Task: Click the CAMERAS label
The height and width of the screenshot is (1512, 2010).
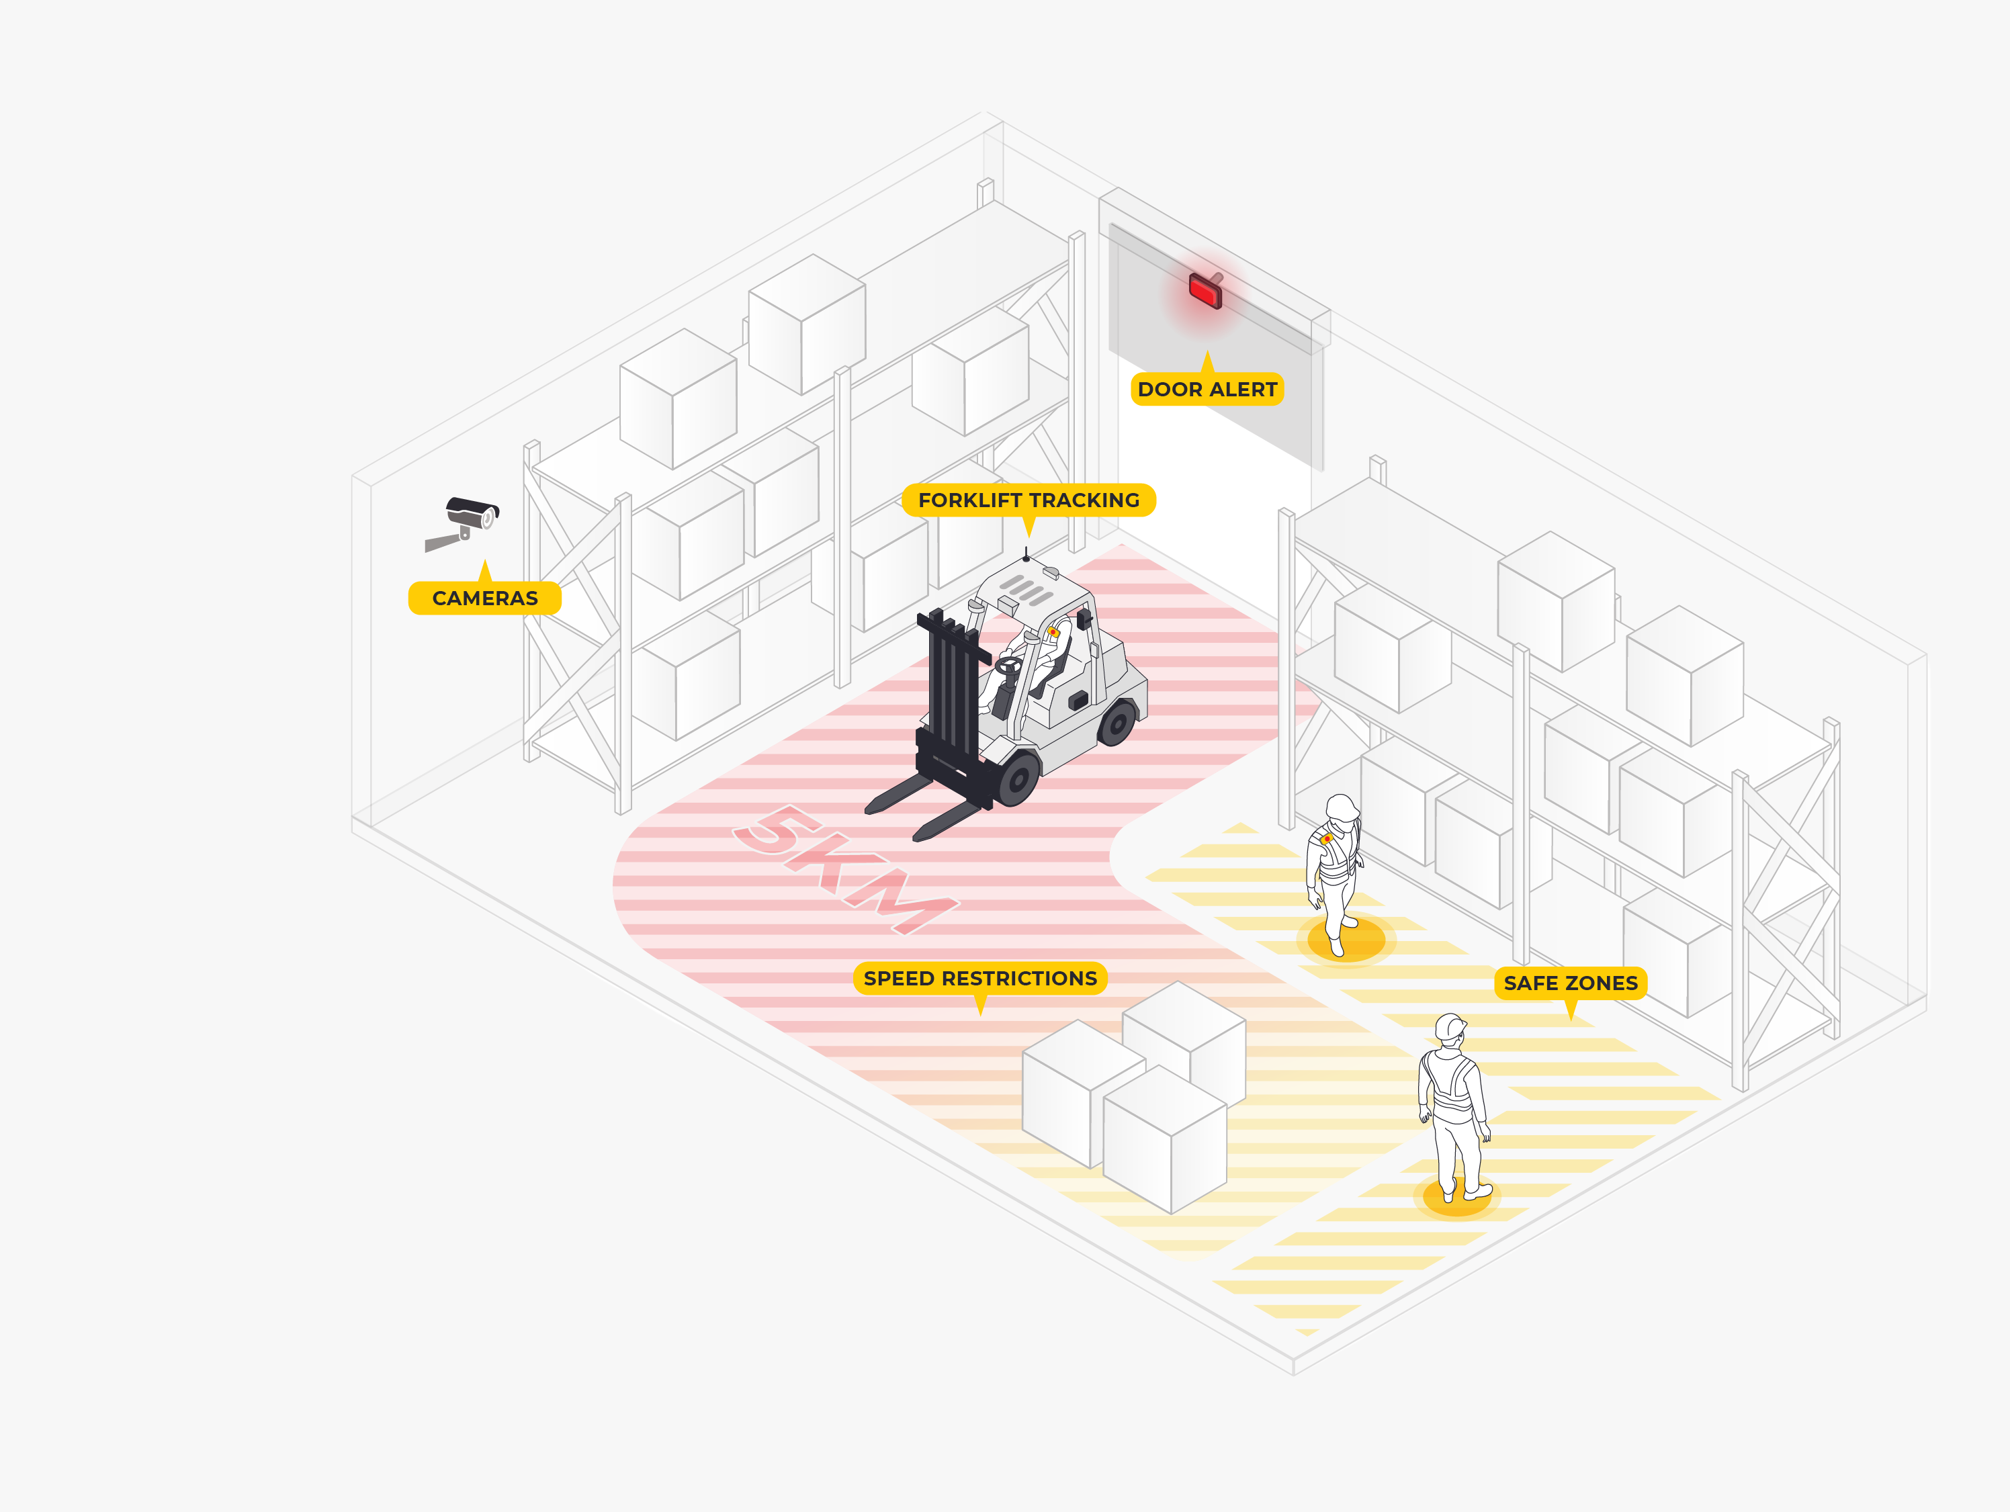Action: pyautogui.click(x=484, y=598)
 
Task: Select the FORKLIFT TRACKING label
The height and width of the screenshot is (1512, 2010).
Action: pyautogui.click(x=1028, y=500)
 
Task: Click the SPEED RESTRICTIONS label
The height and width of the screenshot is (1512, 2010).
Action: pyautogui.click(x=979, y=978)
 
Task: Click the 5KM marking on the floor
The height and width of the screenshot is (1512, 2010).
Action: pyautogui.click(x=845, y=869)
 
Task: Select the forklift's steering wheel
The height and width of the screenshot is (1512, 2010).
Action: pyautogui.click(x=1008, y=665)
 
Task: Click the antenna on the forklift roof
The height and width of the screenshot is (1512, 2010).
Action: pyautogui.click(x=1026, y=553)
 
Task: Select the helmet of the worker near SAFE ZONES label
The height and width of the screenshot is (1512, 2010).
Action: pyautogui.click(x=1450, y=1027)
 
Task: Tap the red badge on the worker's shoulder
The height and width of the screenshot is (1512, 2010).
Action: pyautogui.click(x=1327, y=838)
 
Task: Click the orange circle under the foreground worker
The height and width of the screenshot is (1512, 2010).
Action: pyautogui.click(x=1456, y=1198)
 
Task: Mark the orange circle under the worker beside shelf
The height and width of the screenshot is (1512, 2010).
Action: pyautogui.click(x=1346, y=940)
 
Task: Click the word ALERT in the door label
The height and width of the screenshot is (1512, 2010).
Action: pyautogui.click(x=1244, y=389)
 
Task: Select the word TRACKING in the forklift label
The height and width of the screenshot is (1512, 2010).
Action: pyautogui.click(x=1083, y=500)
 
